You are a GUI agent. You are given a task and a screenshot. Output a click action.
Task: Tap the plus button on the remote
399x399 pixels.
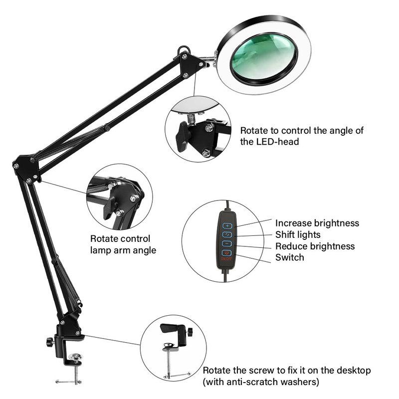pyautogui.click(x=227, y=225)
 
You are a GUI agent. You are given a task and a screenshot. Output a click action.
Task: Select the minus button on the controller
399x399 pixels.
pyautogui.click(x=227, y=244)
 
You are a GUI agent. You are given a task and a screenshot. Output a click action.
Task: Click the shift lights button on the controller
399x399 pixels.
pyautogui.click(x=227, y=234)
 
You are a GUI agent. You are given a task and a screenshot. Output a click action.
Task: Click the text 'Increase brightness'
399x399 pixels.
pyautogui.click(x=317, y=223)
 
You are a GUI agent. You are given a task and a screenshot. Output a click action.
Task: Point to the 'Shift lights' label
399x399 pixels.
pyautogui.click(x=298, y=234)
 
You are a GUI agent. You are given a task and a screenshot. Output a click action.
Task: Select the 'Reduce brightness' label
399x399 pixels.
pyautogui.click(x=315, y=246)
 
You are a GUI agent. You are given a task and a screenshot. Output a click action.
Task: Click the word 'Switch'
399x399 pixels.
pyautogui.click(x=289, y=258)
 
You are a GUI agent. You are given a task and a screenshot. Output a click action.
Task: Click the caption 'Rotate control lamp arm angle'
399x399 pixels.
pyautogui.click(x=123, y=245)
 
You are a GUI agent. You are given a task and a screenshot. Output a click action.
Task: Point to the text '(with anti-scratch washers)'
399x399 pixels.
pyautogui.click(x=260, y=383)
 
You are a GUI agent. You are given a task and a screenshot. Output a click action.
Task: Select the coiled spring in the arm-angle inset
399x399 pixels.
pyautogui.click(x=99, y=189)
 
